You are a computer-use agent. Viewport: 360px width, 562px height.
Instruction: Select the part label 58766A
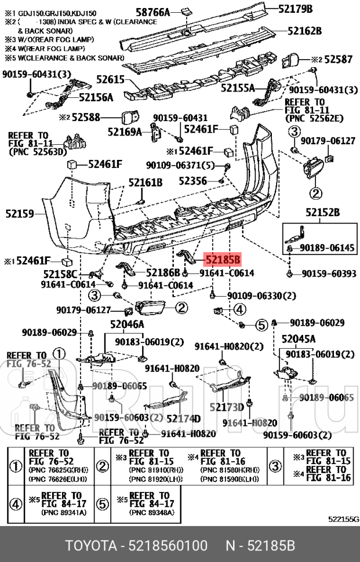[x=152, y=11]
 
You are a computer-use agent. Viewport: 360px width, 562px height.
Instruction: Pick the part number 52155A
[x=237, y=88]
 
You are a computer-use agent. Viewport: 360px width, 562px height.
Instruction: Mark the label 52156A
[x=96, y=97]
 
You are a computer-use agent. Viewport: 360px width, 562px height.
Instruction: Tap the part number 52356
[x=191, y=181]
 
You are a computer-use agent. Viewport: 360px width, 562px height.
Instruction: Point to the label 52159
[x=21, y=213]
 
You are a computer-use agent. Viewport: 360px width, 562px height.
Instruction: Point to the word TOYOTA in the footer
[x=90, y=546]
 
